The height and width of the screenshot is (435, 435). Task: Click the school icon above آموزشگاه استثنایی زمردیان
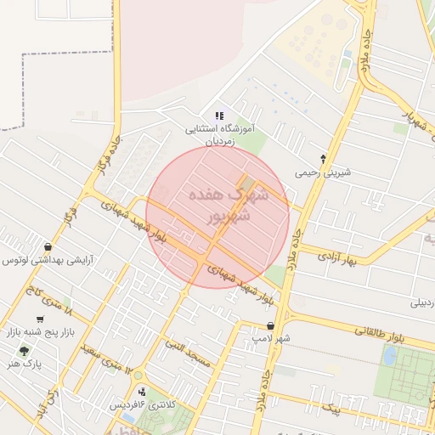218,116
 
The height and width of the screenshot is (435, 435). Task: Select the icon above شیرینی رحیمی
323,159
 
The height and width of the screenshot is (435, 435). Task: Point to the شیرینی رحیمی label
323,172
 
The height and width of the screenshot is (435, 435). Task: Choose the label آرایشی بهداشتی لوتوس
48,261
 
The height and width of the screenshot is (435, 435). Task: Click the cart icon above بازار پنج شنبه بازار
40,319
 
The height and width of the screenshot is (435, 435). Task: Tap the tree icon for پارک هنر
23,350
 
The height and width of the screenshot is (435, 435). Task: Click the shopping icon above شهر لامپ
270,325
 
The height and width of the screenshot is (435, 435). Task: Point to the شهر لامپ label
270,339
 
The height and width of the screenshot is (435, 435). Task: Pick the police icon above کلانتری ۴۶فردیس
141,392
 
